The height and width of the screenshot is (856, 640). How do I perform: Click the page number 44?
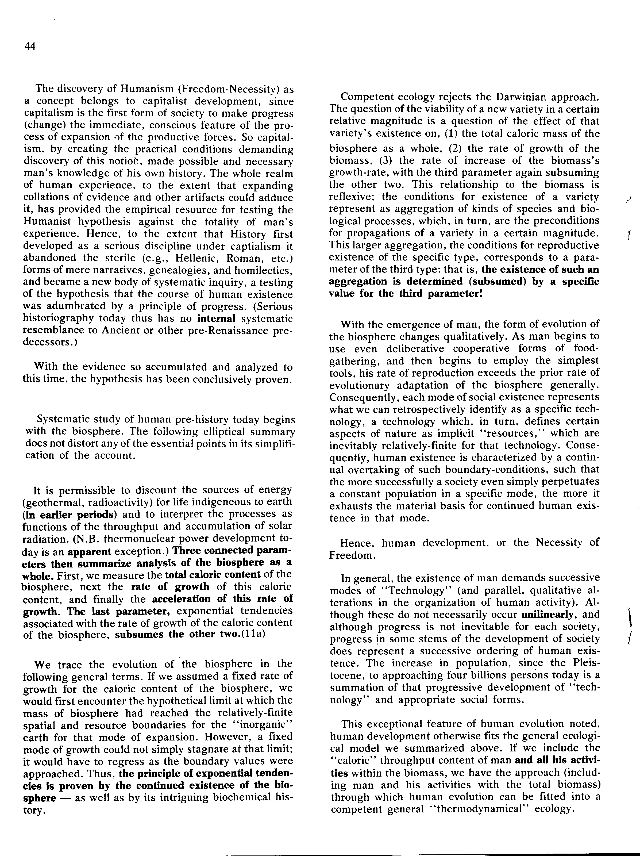30,47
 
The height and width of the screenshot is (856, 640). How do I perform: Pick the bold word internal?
216,318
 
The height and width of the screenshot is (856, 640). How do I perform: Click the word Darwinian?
489,97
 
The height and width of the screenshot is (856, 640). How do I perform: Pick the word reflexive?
350,197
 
